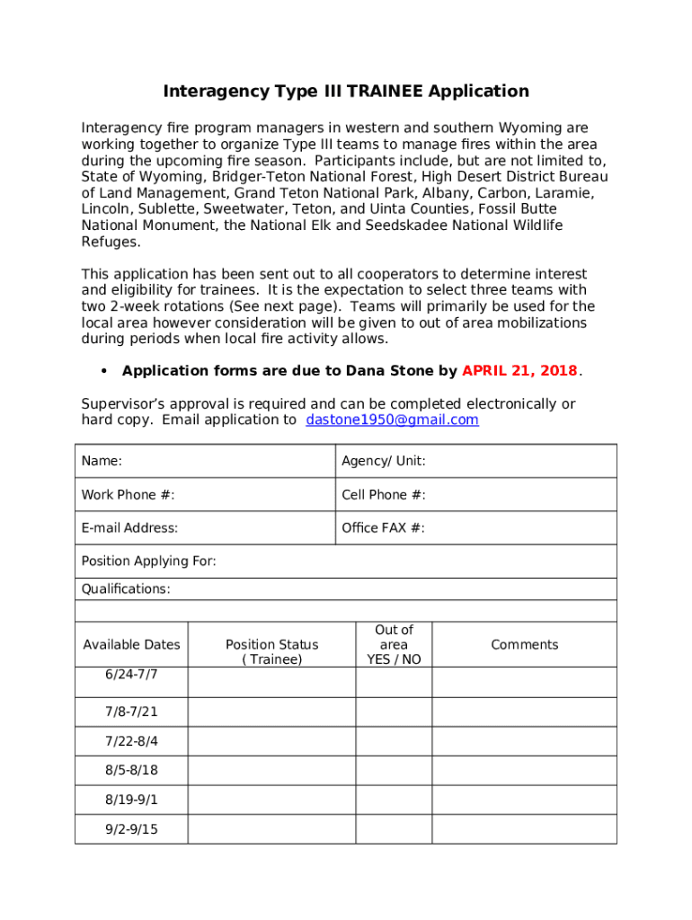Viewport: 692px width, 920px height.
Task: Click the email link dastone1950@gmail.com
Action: point(392,420)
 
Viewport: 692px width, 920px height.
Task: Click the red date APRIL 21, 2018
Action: point(519,371)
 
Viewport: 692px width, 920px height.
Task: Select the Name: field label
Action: point(102,461)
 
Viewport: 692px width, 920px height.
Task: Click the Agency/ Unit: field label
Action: point(383,461)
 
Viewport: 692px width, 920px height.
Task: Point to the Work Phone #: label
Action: point(128,495)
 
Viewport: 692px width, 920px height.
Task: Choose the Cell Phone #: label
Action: point(383,495)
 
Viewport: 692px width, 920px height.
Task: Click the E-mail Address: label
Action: point(129,528)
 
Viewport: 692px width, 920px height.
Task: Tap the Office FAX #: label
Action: point(383,528)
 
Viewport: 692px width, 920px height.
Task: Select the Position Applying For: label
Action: point(148,562)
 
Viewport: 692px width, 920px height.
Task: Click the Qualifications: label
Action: point(126,589)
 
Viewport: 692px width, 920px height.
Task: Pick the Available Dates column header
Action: point(131,644)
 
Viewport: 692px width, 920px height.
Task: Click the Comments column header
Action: point(524,644)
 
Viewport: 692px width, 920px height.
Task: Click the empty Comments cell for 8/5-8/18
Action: point(524,771)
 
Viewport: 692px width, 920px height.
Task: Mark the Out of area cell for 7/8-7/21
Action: point(394,712)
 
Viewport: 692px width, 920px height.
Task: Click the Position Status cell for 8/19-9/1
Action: point(271,800)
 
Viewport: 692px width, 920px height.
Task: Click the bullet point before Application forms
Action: point(104,372)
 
